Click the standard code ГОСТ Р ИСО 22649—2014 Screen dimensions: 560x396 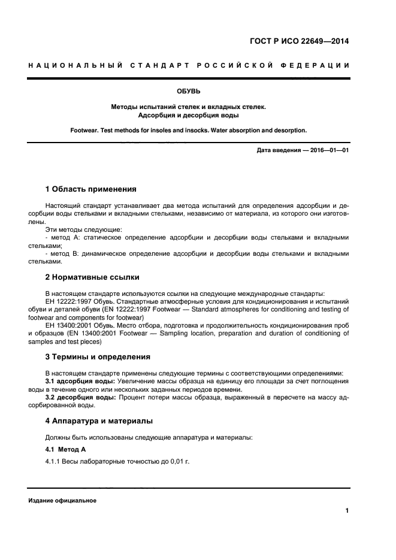coord(298,41)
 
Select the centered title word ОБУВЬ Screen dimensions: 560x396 coord(188,92)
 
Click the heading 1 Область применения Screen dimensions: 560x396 coord(91,189)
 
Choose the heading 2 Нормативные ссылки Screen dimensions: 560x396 coord(92,277)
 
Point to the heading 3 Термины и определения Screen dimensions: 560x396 coord(98,357)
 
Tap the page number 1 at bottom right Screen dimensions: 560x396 coord(347,511)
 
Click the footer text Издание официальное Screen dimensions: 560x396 coord(62,501)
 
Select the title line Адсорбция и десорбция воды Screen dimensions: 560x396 coord(188,115)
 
